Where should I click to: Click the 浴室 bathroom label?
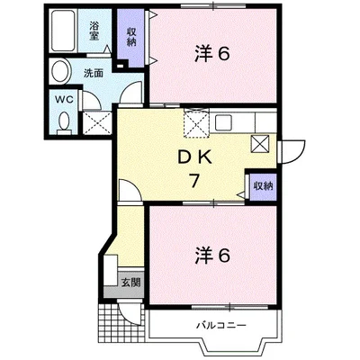[x=94, y=27]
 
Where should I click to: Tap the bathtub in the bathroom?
[x=64, y=31]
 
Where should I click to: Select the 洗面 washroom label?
[x=93, y=72]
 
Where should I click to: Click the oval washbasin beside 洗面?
[x=62, y=71]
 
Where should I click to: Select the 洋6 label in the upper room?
[x=212, y=54]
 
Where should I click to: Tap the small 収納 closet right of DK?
[x=262, y=185]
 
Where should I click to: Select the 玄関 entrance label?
[x=130, y=282]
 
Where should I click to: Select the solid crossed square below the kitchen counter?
[x=261, y=143]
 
